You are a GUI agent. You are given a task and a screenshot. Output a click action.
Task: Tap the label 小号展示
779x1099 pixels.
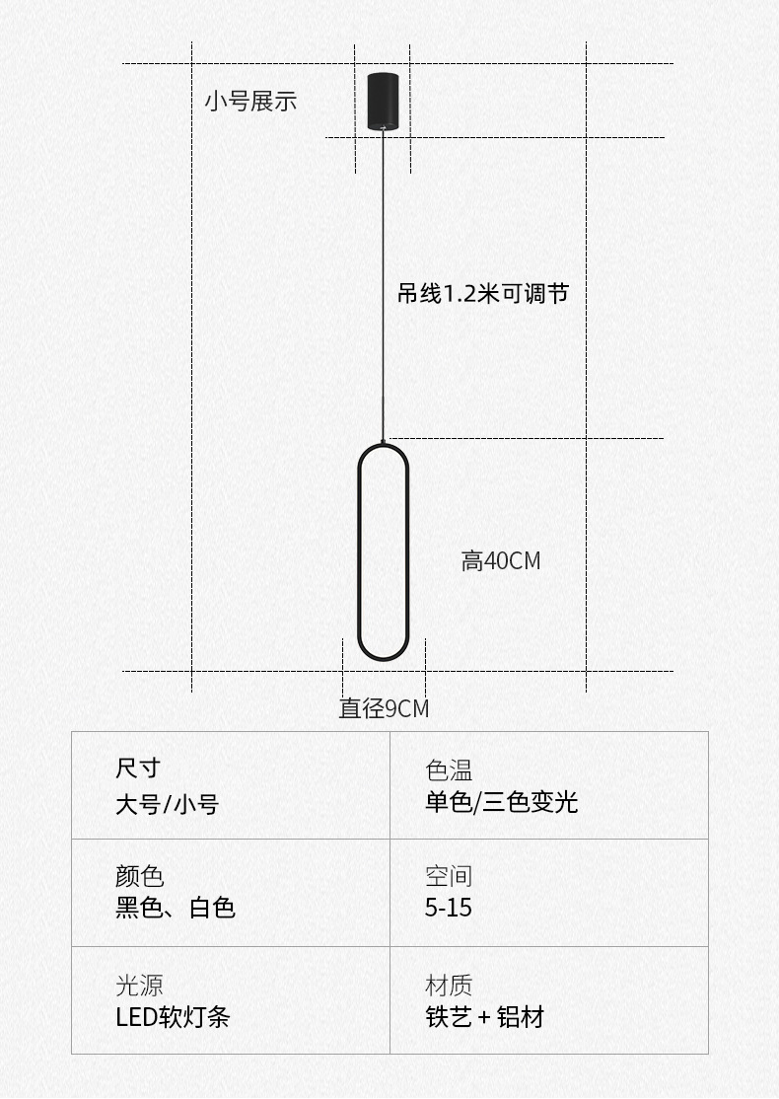(250, 101)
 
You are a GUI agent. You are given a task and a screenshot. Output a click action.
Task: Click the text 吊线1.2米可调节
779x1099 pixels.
(482, 293)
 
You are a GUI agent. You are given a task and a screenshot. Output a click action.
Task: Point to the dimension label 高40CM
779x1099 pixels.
(501, 561)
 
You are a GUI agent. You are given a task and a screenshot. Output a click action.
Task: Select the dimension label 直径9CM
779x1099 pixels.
(384, 708)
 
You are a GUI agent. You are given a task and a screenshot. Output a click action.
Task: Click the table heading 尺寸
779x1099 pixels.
(137, 768)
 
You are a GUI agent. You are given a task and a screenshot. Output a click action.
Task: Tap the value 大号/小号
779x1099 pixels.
(167, 804)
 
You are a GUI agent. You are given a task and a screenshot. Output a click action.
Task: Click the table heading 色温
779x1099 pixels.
(449, 769)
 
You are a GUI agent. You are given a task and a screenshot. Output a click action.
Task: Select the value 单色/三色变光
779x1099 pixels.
(501, 802)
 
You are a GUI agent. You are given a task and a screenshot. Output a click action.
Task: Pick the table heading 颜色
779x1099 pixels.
(139, 875)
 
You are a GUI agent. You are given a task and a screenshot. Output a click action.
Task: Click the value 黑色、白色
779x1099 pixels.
(176, 908)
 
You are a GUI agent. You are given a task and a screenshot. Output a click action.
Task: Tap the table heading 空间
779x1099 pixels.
(449, 875)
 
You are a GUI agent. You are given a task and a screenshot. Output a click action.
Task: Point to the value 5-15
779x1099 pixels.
(449, 908)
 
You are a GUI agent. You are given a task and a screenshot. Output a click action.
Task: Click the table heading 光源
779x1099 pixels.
(139, 985)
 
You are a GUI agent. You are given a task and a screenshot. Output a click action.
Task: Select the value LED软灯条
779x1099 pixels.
(173, 1017)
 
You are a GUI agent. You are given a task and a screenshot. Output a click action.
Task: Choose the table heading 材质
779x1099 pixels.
(449, 985)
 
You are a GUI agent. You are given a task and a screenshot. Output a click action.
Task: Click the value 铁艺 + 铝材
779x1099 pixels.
(484, 1017)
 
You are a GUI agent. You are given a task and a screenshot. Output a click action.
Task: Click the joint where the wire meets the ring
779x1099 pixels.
(383, 442)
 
